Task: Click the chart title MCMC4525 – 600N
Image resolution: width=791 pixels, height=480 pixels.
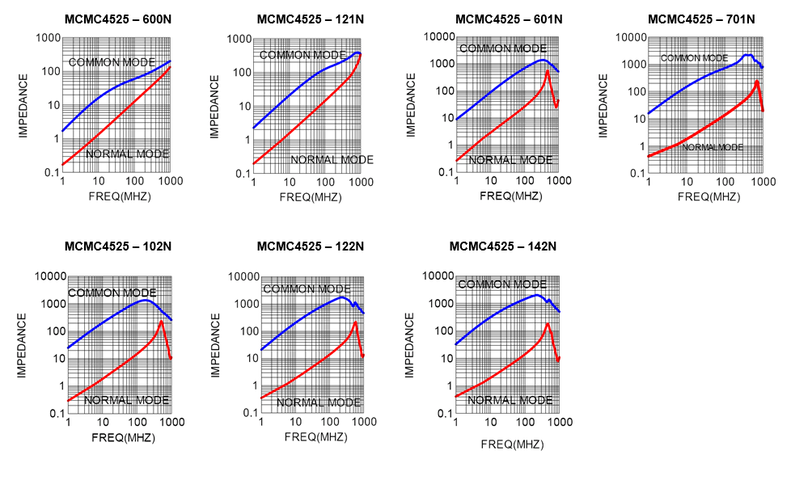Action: [x=117, y=19]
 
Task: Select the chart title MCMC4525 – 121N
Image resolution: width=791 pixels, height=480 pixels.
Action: [x=310, y=19]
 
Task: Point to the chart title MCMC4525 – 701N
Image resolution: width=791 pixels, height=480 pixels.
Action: [x=701, y=19]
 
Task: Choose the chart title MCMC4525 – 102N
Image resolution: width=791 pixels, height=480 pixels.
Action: [x=117, y=246]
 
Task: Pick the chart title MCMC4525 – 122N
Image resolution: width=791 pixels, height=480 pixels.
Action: [x=310, y=246]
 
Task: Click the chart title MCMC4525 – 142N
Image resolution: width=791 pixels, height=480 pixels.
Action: [x=502, y=246]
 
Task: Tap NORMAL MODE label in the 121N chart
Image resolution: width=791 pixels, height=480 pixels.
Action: [x=332, y=160]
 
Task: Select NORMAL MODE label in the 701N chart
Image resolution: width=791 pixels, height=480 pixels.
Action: [x=712, y=147]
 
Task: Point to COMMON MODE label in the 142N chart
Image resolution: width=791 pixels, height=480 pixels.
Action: [x=502, y=284]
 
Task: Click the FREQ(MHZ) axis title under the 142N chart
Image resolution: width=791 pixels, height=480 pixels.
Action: [x=513, y=444]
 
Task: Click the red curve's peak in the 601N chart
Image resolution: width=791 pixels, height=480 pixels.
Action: [x=548, y=71]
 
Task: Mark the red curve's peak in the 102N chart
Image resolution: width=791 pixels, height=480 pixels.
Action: [x=161, y=322]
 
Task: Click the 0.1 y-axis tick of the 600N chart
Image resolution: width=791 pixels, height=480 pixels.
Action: [x=49, y=173]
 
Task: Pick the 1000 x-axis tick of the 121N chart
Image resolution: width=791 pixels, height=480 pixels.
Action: [x=361, y=183]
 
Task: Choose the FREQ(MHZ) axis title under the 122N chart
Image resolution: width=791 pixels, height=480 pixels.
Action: [x=315, y=436]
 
